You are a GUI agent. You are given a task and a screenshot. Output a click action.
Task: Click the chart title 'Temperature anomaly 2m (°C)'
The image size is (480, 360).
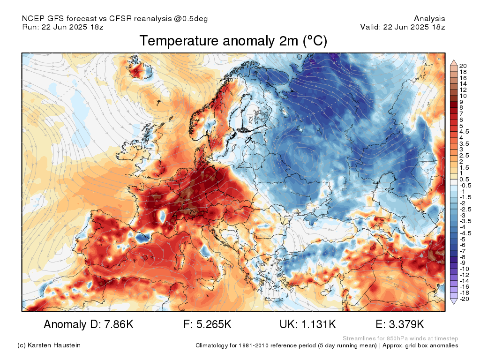233,41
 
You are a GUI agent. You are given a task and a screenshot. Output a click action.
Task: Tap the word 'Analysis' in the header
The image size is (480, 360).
429,19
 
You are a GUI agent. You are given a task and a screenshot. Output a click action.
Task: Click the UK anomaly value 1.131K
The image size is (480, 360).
318,324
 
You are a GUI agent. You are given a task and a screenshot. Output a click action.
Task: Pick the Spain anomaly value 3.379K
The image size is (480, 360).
406,324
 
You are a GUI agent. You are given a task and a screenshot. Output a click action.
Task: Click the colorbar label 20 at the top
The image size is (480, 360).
463,66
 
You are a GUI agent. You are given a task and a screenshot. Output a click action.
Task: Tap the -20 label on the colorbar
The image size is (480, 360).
464,299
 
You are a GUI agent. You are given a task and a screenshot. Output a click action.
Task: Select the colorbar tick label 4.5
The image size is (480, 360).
464,132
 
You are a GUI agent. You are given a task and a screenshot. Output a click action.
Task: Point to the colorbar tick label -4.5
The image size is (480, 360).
465,233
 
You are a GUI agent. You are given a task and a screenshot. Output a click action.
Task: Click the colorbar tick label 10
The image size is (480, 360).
463,96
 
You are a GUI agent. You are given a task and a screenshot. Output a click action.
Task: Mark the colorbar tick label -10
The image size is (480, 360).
464,269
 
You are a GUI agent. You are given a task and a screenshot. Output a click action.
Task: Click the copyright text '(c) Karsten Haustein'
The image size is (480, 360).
49,345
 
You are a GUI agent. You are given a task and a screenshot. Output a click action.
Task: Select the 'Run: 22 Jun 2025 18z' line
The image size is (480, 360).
63,27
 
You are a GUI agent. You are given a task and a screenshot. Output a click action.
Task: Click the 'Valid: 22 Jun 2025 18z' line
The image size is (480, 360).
403,27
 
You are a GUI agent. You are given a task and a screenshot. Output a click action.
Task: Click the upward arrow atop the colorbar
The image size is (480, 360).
454,63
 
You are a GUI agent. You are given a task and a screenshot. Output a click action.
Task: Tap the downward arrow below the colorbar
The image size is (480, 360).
454,301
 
